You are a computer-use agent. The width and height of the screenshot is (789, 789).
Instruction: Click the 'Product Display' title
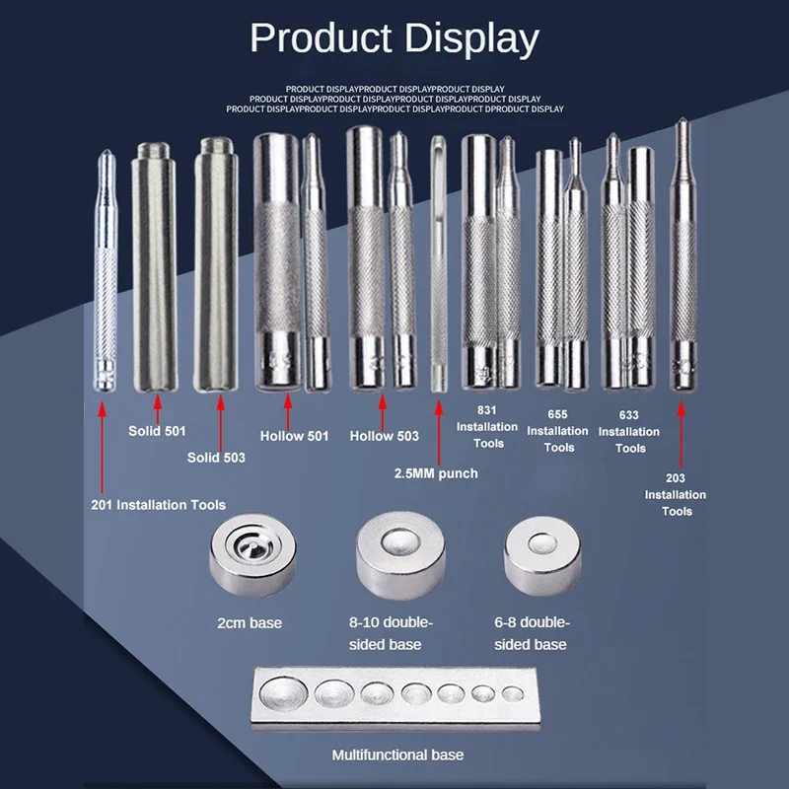point(394,39)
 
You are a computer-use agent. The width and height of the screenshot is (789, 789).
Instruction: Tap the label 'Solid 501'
point(157,431)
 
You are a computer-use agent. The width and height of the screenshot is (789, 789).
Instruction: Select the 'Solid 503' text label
point(216,458)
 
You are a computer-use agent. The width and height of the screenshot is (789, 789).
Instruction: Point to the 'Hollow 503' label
point(386,435)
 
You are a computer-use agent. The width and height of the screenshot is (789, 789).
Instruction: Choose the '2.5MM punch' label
point(435,473)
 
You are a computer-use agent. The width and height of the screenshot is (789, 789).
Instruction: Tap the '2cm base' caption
point(250,622)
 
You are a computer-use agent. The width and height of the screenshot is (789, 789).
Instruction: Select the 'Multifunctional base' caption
point(397,755)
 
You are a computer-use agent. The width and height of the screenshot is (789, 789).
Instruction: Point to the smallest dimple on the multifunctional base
point(511,693)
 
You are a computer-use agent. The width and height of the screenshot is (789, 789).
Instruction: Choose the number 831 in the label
point(487,409)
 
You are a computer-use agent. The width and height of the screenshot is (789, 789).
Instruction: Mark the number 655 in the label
point(557,415)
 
